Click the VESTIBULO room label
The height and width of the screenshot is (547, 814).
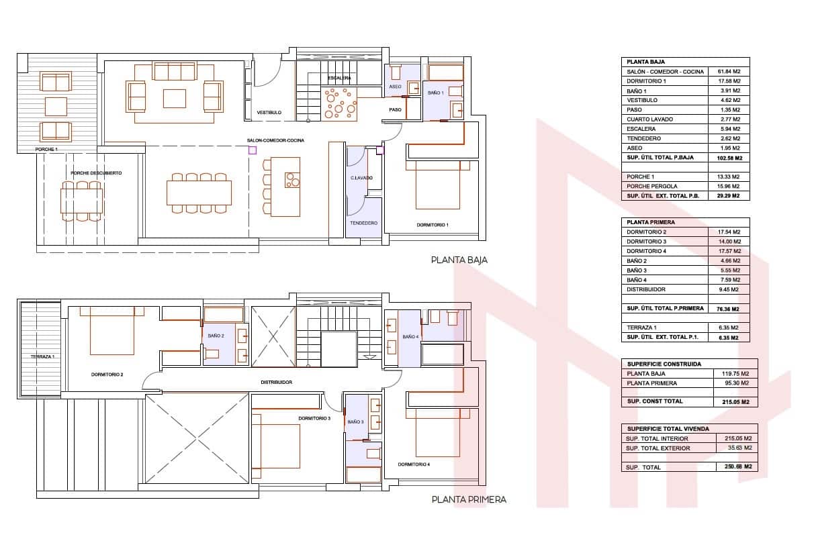pos(269,113)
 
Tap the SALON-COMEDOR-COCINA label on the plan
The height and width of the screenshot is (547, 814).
pos(275,140)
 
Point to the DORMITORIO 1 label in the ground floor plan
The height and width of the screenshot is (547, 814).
pos(433,226)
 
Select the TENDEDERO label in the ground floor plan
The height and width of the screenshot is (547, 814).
pos(364,223)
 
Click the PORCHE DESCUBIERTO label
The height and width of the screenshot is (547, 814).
pos(96,173)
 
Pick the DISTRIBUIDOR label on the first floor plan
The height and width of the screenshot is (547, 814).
pos(277,383)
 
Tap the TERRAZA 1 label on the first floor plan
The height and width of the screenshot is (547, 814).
pos(42,356)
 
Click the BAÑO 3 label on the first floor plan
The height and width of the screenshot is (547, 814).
pos(355,422)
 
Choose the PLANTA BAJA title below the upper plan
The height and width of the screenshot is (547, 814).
pos(459,260)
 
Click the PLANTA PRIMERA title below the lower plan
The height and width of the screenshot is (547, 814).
pos(469,500)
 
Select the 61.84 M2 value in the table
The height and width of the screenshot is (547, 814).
pos(729,72)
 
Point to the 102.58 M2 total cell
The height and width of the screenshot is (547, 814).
pos(729,158)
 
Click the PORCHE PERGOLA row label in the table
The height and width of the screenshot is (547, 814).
pos(652,187)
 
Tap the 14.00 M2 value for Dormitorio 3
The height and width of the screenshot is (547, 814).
pos(729,242)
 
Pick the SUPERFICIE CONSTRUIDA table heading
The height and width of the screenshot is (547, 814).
pos(664,364)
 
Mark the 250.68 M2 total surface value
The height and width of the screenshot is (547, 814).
pos(738,466)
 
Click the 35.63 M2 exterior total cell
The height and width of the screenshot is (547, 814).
pos(740,448)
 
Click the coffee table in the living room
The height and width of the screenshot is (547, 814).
pos(175,99)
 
